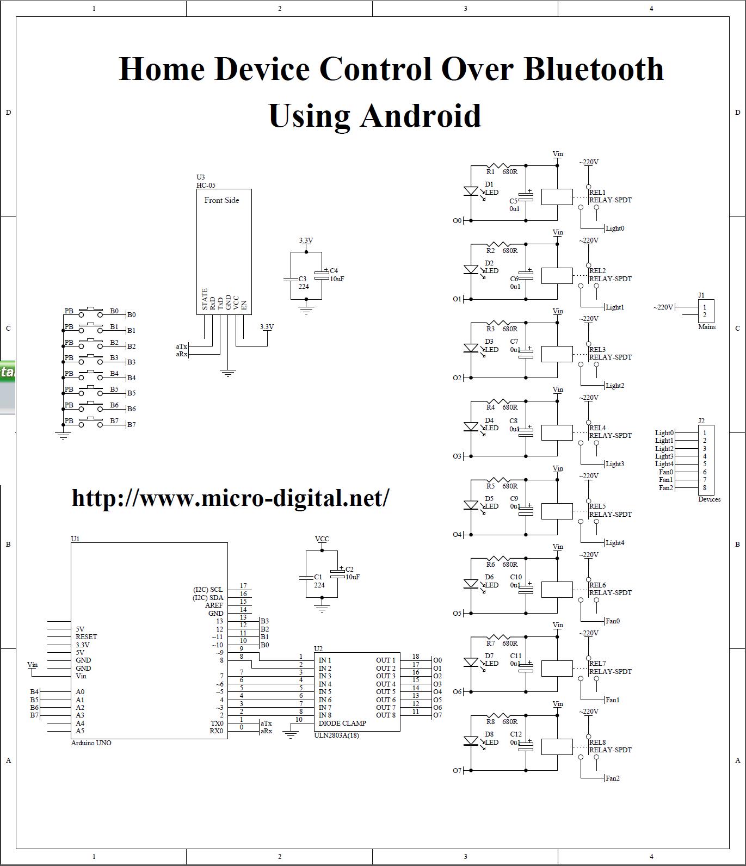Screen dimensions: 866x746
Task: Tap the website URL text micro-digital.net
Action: [x=230, y=497]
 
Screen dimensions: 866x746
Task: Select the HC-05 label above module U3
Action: [x=206, y=185]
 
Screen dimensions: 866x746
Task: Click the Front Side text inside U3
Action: [x=221, y=200]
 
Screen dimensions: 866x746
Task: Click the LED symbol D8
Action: [x=471, y=741]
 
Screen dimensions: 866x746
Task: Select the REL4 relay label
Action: [x=597, y=428]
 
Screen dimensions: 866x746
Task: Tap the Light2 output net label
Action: [x=614, y=386]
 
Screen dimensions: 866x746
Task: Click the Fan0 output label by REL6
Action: [x=612, y=621]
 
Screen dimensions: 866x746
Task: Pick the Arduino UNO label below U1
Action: [x=91, y=743]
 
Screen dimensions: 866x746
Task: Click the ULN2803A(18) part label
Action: [x=336, y=735]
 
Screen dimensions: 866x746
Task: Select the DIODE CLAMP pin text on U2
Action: [x=342, y=723]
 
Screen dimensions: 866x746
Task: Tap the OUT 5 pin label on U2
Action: [x=386, y=692]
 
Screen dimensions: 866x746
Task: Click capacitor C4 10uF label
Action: [x=336, y=275]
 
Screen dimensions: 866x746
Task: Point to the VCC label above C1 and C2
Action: [x=322, y=539]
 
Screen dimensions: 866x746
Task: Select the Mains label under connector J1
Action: [x=707, y=327]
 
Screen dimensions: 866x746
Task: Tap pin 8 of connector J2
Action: [x=705, y=488]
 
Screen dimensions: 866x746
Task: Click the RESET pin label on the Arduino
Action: [x=86, y=637]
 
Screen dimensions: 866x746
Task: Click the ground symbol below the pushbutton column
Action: [x=63, y=436]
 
